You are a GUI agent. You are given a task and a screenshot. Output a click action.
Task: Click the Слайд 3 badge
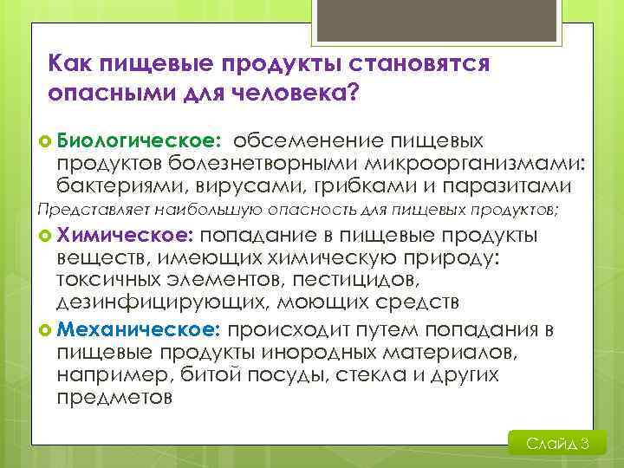pos(557,444)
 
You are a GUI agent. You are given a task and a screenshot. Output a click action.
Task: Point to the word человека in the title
pos(289,93)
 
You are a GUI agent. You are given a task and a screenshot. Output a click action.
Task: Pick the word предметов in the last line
pos(114,398)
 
